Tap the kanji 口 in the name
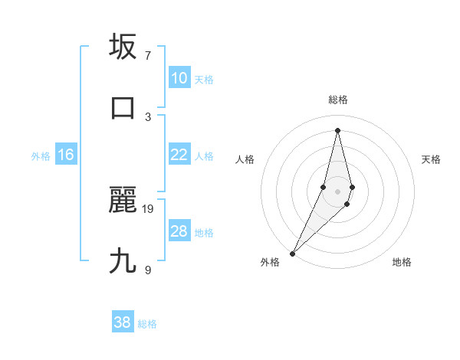(123, 107)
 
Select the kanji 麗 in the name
(123, 201)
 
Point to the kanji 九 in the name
(123, 261)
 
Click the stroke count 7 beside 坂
(148, 56)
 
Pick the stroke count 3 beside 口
(148, 116)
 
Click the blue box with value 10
(179, 78)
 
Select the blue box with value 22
(179, 155)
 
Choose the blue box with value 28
(179, 231)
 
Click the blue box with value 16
(66, 155)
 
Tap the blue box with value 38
(123, 322)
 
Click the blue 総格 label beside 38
(147, 324)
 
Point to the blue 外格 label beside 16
(41, 156)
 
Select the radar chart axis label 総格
(337, 100)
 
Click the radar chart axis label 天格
(431, 159)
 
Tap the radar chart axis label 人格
(245, 159)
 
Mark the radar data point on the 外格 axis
(292, 253)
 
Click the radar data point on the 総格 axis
(337, 129)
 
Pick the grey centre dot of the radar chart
(337, 191)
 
